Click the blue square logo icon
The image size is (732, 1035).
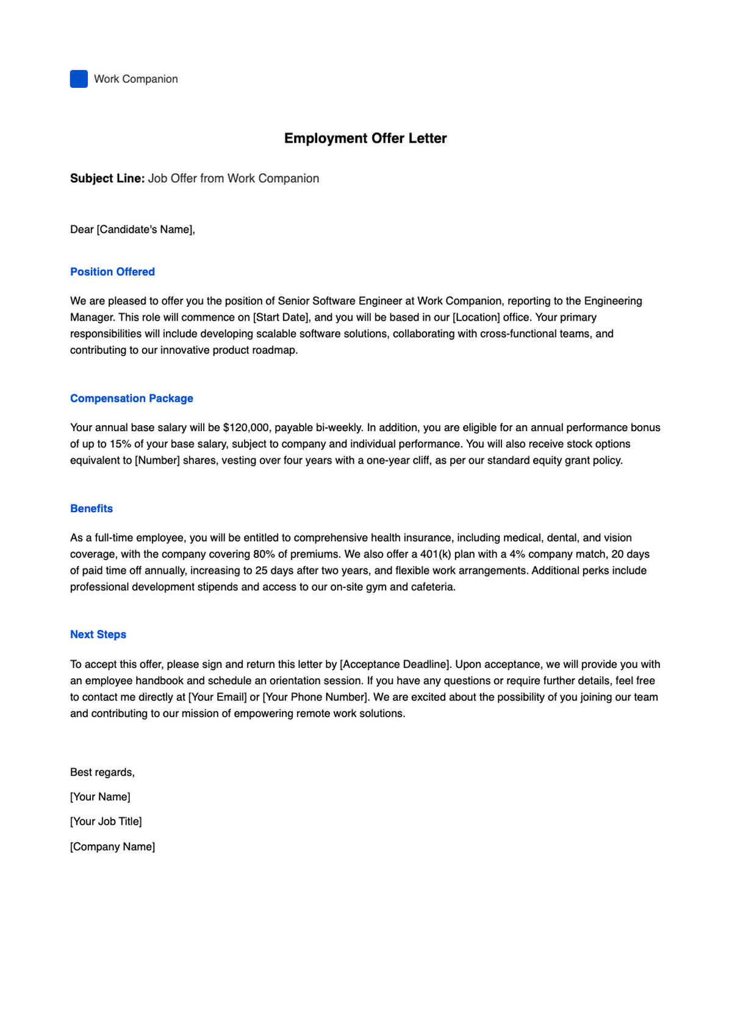click(x=79, y=79)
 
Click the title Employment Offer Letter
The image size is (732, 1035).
click(x=365, y=138)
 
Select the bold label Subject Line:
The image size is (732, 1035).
click(x=107, y=178)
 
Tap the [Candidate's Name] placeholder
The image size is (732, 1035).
click(x=145, y=229)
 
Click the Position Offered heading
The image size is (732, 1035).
click(x=112, y=272)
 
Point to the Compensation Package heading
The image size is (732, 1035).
click(x=132, y=398)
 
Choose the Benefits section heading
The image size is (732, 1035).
click(x=91, y=509)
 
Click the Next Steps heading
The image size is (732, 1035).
click(x=98, y=634)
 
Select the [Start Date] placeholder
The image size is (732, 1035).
click(x=281, y=317)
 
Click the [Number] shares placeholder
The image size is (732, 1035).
click(x=157, y=460)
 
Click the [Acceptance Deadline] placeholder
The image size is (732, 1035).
click(x=395, y=664)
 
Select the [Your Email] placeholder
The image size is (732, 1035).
click(x=218, y=697)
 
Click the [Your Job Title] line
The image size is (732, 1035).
click(x=106, y=822)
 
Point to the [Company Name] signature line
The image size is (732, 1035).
click(x=113, y=847)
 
